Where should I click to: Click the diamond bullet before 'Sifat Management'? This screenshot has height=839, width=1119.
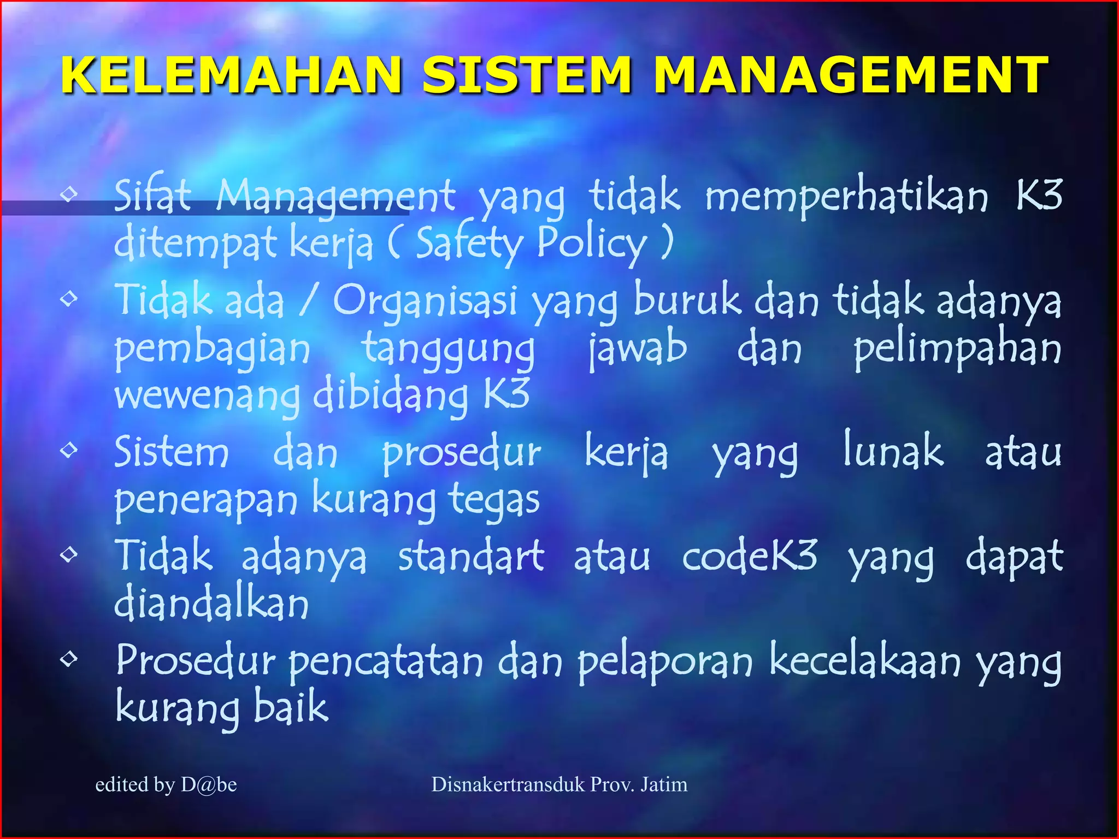pyautogui.click(x=69, y=193)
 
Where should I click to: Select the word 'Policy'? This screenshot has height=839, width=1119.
pyautogui.click(x=592, y=244)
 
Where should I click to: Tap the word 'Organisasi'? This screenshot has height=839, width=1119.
pyautogui.click(x=425, y=302)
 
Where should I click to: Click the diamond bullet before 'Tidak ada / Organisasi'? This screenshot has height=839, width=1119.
pyautogui.click(x=69, y=298)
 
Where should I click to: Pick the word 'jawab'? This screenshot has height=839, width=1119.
pyautogui.click(x=638, y=350)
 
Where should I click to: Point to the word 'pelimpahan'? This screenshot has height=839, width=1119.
pyautogui.click(x=957, y=350)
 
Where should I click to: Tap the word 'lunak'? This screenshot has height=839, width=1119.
pyautogui.click(x=893, y=451)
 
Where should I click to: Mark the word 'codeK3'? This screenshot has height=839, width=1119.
pyautogui.click(x=750, y=556)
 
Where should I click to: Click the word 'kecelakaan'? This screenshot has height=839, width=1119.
pyautogui.click(x=865, y=662)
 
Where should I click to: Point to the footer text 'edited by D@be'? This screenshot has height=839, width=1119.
pyautogui.click(x=166, y=785)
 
